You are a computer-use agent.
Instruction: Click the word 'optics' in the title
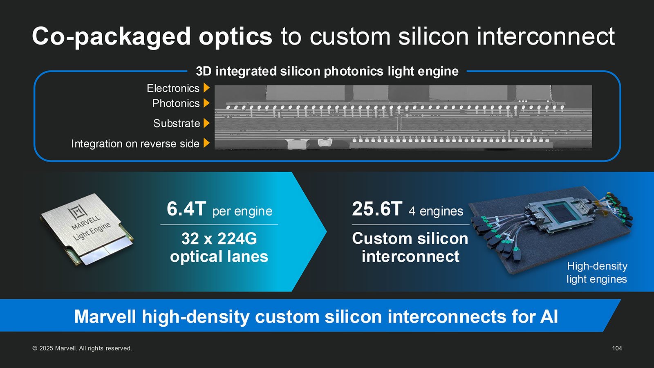pos(235,37)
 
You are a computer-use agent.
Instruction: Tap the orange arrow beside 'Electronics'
pos(206,88)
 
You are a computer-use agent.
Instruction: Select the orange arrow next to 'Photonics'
pos(206,103)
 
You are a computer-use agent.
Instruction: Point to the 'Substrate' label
pos(177,123)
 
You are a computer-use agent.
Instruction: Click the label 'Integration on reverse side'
pos(135,144)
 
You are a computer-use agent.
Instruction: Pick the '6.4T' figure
pos(186,209)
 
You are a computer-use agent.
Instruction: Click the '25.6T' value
pos(377,209)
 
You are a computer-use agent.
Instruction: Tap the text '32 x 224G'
pos(219,239)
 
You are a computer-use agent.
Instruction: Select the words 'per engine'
pos(242,211)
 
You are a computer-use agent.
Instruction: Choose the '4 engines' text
pos(436,211)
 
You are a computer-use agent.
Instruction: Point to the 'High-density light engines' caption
pos(597,272)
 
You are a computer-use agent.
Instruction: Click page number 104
pos(617,348)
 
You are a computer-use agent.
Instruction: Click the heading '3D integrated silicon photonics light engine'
pos(327,71)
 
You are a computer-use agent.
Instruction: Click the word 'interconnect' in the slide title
pos(546,37)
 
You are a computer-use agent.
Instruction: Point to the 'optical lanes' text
pos(219,256)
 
